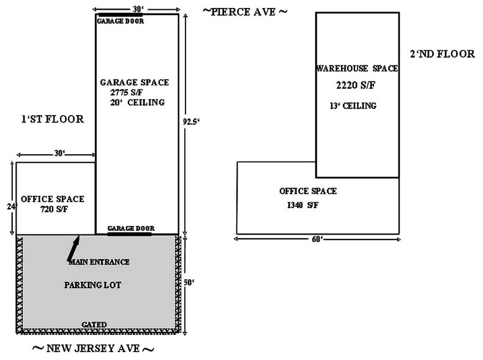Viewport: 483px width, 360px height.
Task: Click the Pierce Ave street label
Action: click(245, 12)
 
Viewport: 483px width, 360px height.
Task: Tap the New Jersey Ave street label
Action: click(93, 348)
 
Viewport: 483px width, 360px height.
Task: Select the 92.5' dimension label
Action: click(191, 122)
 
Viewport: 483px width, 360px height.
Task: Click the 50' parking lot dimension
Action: click(189, 282)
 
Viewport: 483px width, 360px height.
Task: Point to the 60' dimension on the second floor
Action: click(317, 239)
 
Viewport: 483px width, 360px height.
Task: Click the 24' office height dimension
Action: click(12, 206)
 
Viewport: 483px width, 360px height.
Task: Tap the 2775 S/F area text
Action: click(126, 92)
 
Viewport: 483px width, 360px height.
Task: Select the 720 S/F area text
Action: click(54, 209)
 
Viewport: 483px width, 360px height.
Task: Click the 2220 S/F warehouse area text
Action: click(356, 85)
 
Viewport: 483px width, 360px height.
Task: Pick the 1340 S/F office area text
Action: click(303, 204)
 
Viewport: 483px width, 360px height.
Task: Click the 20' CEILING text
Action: click(137, 102)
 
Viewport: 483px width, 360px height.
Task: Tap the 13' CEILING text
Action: click(353, 106)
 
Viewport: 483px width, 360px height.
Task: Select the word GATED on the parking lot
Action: click(94, 324)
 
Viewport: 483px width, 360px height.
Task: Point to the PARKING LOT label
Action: click(92, 285)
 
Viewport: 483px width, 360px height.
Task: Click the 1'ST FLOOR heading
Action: click(53, 119)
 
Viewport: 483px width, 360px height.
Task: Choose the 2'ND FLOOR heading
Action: click(443, 54)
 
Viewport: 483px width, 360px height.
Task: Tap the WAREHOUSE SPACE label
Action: click(357, 68)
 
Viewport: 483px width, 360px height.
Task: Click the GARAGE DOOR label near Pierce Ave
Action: click(121, 21)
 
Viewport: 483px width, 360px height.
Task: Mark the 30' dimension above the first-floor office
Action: click(59, 153)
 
